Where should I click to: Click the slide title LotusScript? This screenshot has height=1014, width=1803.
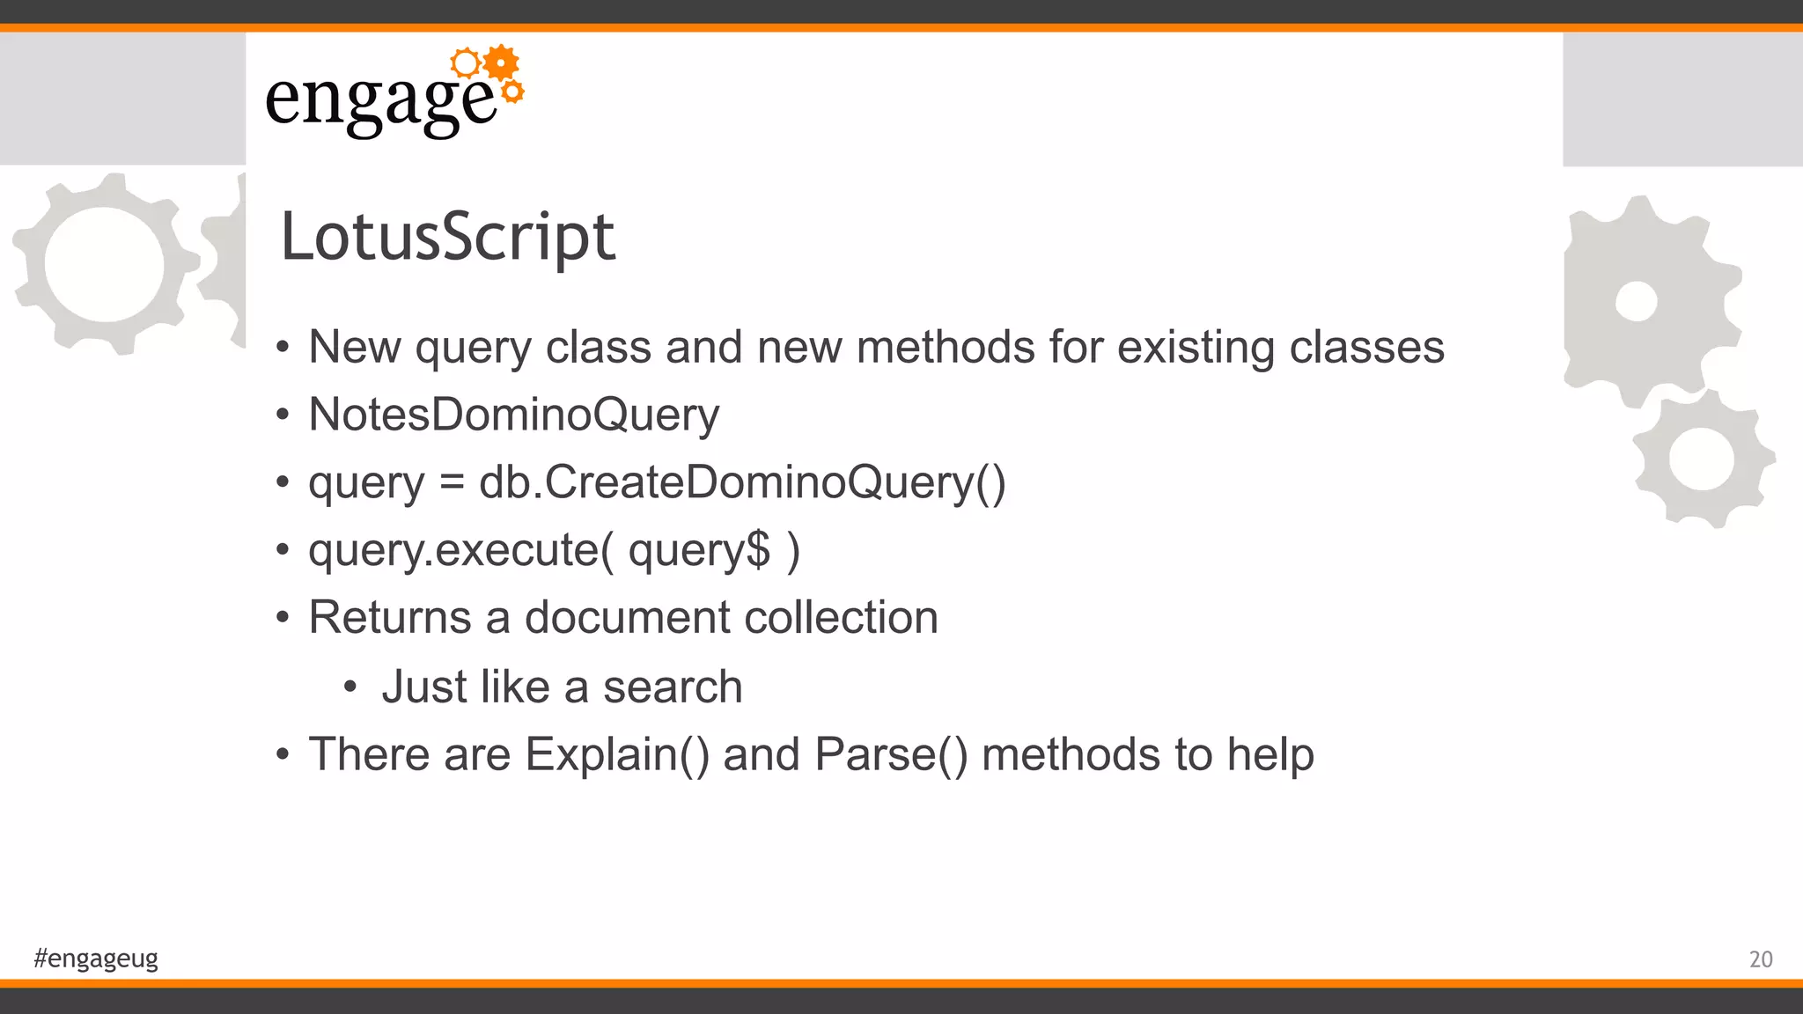447,237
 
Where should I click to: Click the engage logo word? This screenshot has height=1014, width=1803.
380,101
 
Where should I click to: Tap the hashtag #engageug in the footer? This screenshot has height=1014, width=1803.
96,958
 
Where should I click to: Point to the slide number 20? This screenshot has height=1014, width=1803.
1761,959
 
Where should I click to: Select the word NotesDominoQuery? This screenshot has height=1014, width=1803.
513,415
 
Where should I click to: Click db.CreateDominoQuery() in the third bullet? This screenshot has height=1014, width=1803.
741,482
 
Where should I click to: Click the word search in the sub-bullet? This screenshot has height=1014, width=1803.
673,687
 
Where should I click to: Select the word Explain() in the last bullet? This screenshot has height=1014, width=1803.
616,754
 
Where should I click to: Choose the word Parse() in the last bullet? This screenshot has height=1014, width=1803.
890,754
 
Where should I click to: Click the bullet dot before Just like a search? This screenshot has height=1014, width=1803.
350,687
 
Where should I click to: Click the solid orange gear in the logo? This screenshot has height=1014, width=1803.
501,62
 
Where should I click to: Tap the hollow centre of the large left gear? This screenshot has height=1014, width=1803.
104,264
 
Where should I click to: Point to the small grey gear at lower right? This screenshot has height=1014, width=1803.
1702,459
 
